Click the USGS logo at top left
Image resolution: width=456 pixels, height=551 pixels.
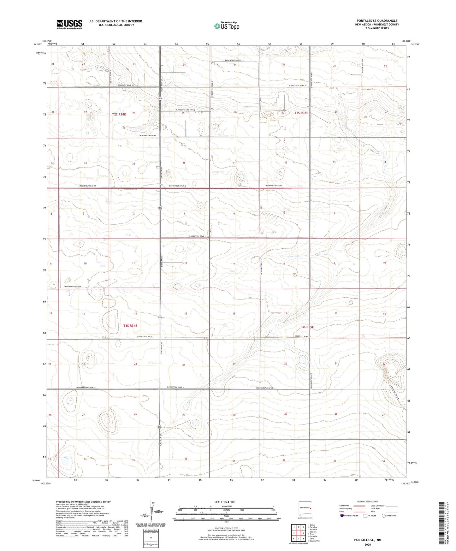[69, 24]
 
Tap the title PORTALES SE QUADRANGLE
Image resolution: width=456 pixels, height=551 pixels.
[376, 21]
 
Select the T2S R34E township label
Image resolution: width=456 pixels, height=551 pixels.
[119, 114]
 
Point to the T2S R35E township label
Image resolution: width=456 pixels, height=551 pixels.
[301, 113]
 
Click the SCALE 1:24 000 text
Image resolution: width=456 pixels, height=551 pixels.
[224, 502]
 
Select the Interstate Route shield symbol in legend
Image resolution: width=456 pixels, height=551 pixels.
[342, 516]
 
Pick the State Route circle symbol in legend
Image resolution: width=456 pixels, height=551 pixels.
[384, 516]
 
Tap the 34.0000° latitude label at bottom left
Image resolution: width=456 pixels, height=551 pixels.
[37, 480]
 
